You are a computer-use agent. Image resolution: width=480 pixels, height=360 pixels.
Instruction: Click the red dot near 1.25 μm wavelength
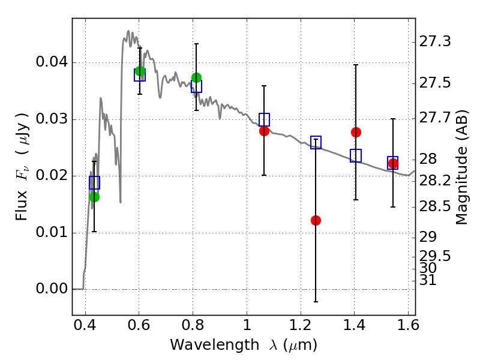(x=316, y=220)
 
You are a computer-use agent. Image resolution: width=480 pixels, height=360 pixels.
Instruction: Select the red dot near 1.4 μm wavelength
(x=356, y=132)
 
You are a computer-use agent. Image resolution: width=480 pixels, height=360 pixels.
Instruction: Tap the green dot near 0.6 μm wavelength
(x=140, y=71)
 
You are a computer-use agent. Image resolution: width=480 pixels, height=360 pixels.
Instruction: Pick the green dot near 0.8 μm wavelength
(x=197, y=78)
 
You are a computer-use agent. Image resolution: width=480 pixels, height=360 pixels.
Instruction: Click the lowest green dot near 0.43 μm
(x=95, y=197)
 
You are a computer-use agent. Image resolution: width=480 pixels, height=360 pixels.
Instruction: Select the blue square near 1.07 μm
(x=264, y=119)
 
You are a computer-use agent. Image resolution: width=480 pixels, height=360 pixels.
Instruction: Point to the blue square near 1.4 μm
(x=356, y=155)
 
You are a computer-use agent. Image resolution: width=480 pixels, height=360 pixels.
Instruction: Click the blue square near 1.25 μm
(x=316, y=142)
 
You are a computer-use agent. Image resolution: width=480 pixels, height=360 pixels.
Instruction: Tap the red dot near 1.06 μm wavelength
(x=264, y=131)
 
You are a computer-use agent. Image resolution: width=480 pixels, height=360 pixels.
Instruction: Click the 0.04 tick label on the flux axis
(x=52, y=62)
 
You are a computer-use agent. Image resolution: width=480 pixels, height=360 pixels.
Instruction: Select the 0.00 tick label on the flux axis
(x=52, y=289)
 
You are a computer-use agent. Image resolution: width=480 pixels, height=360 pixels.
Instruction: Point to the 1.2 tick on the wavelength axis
(x=301, y=325)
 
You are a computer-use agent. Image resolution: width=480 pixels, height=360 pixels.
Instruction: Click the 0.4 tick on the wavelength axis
(x=85, y=325)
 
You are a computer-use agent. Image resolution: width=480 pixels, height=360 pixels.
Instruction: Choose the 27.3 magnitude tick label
(x=435, y=41)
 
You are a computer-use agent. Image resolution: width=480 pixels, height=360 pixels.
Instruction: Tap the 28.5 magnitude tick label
(x=435, y=206)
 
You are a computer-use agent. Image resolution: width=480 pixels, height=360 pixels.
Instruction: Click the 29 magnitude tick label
(x=428, y=237)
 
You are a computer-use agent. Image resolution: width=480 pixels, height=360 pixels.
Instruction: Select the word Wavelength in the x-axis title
(x=215, y=345)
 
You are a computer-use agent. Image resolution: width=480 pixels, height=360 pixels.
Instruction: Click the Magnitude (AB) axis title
(x=462, y=167)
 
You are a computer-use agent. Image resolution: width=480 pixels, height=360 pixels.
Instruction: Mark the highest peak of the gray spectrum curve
(x=128, y=31)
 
